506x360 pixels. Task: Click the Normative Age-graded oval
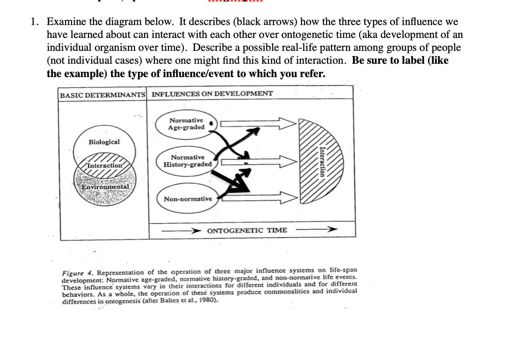point(187,124)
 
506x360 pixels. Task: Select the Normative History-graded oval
point(188,161)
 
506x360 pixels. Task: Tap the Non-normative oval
point(188,199)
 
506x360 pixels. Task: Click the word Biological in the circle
point(104,142)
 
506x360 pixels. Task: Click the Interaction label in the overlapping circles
point(105,165)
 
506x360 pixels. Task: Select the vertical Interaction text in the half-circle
point(322,161)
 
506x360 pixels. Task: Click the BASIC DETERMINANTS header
point(102,94)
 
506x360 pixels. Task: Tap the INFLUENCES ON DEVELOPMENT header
point(212,94)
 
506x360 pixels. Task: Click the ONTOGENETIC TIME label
point(247,230)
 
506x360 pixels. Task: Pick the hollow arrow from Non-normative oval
point(258,197)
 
